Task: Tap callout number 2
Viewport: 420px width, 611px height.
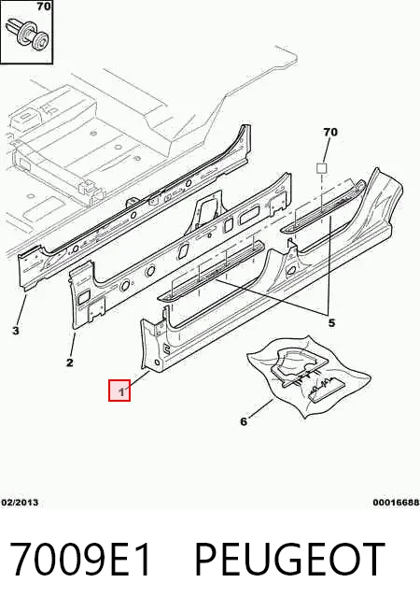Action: pos(70,362)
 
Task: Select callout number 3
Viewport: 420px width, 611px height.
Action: pos(15,331)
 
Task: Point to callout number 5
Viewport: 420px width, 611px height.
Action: pos(331,323)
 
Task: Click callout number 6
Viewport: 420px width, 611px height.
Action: pos(244,421)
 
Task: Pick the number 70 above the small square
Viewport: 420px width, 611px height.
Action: pos(330,132)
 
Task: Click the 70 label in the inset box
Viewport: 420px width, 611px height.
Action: pos(44,7)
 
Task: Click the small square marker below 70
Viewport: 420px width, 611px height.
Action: pos(321,168)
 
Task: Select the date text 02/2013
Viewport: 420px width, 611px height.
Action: pos(20,503)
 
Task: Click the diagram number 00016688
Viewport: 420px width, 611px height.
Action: pos(396,503)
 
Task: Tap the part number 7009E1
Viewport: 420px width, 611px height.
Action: pos(79,560)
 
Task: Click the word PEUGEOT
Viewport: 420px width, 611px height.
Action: pos(289,560)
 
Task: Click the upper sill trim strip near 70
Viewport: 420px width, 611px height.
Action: pos(324,206)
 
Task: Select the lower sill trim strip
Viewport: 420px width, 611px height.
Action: pos(211,271)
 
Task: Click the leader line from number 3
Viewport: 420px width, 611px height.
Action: pos(22,310)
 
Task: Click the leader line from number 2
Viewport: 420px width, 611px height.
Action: pos(73,345)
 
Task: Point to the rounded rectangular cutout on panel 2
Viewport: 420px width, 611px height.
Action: pos(249,215)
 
